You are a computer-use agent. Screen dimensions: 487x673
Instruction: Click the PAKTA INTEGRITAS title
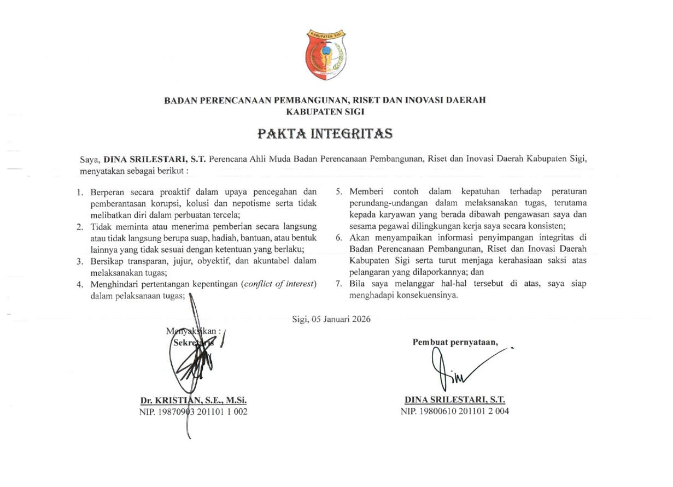pyautogui.click(x=325, y=133)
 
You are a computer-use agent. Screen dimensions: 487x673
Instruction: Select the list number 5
pyautogui.click(x=338, y=192)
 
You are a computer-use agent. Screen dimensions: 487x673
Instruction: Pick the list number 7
pyautogui.click(x=338, y=284)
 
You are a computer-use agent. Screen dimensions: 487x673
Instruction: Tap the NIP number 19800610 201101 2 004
pyautogui.click(x=455, y=412)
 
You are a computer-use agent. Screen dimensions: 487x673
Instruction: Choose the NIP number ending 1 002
pyautogui.click(x=194, y=412)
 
